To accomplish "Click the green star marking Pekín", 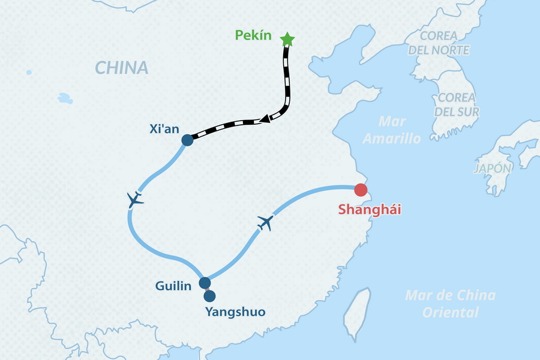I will (x=287, y=40).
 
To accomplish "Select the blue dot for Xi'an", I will (x=187, y=140).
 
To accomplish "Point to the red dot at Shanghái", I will (x=361, y=190).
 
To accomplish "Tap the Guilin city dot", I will (x=205, y=283).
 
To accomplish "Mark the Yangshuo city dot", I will (x=209, y=296).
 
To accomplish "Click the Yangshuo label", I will (x=235, y=311).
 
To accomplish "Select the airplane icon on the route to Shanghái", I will (x=265, y=223).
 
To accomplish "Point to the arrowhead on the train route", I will (x=265, y=120).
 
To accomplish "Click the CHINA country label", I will (x=121, y=67).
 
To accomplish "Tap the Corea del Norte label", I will (x=439, y=43).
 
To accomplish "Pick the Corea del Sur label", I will (x=457, y=104).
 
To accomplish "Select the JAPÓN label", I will (x=493, y=169).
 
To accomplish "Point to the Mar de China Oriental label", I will (x=450, y=304).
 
